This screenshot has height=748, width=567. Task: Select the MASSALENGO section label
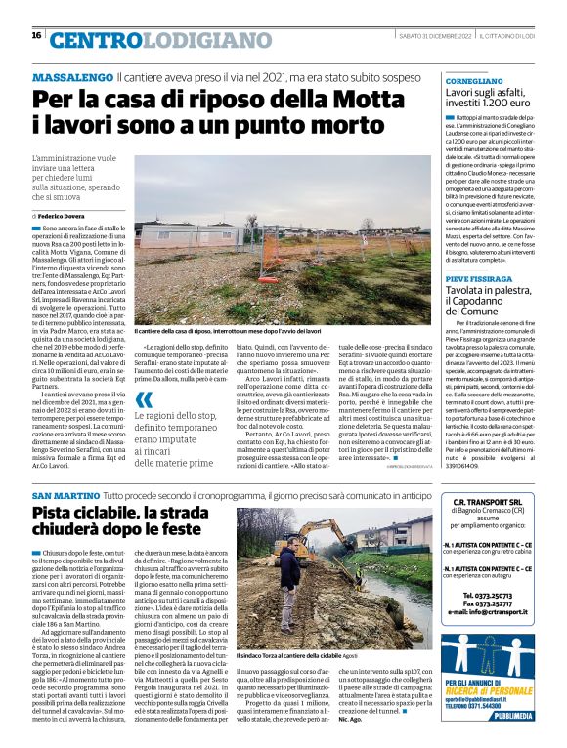coord(71,76)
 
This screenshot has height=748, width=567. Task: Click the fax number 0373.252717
coord(494,602)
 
